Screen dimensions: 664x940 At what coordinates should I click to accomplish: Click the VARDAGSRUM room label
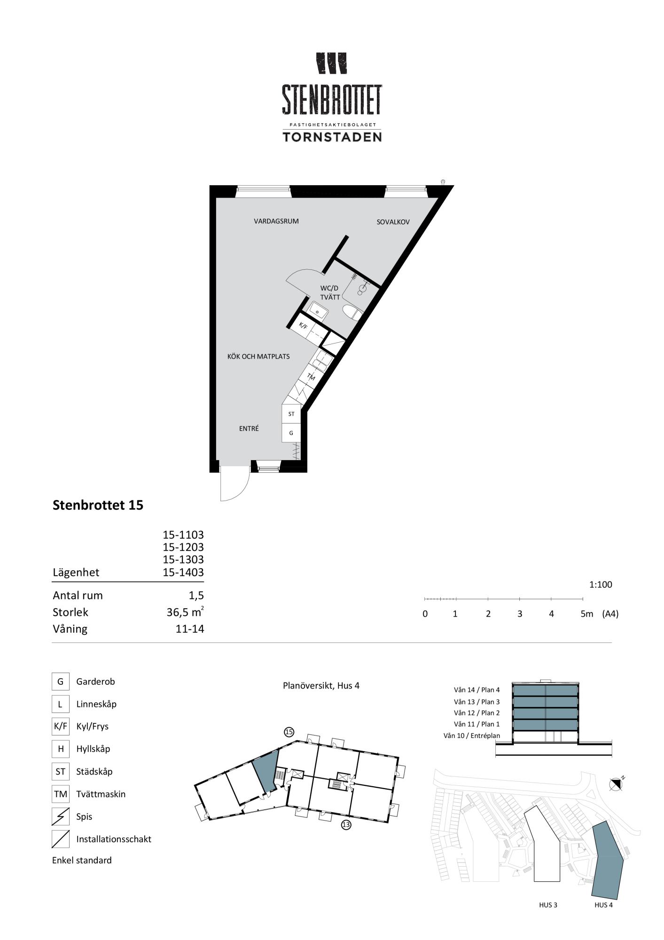coord(276,221)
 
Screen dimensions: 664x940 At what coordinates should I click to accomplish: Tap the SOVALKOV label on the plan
coord(393,222)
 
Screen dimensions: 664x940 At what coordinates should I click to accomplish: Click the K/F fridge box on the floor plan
coord(304,326)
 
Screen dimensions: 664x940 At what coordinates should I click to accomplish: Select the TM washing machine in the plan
coord(311,376)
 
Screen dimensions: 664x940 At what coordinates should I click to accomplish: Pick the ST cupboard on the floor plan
coord(291,414)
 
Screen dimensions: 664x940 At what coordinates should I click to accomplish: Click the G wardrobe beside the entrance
coord(291,433)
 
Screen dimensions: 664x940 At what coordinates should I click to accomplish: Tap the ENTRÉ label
coord(249,429)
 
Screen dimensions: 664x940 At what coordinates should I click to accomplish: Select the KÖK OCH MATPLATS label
coord(258,356)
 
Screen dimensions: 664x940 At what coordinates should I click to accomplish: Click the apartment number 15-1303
coord(183,559)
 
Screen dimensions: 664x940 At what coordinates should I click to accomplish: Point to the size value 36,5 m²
coord(185,612)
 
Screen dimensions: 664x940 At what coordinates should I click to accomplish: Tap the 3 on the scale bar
coord(520,614)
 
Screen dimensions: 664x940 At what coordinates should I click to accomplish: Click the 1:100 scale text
coord(601,585)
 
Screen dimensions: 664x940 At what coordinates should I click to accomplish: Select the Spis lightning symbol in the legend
coord(60,816)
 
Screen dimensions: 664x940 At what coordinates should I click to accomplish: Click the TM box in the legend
coord(61,794)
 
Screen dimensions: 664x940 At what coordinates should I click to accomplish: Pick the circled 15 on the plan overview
coord(289,732)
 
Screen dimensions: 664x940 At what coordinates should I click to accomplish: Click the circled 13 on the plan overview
coord(346,824)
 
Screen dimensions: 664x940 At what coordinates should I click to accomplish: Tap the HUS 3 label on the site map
coord(548,905)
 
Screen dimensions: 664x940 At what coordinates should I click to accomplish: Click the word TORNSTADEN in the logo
coord(332,137)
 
